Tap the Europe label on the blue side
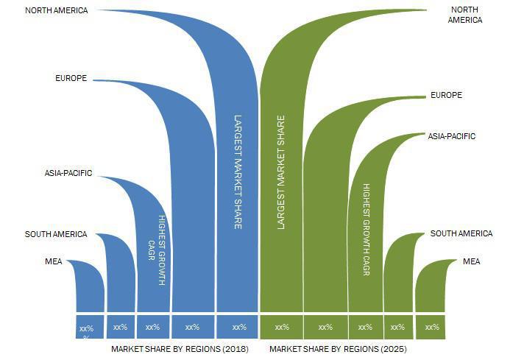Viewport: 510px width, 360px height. (x=71, y=78)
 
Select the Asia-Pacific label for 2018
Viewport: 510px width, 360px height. (x=68, y=174)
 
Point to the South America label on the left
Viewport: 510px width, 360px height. (x=56, y=234)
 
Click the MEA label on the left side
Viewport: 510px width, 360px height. (x=54, y=261)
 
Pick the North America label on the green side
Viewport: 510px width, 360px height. (x=465, y=15)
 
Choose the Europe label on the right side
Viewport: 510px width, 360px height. (x=446, y=96)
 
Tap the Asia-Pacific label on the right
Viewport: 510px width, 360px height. (x=452, y=136)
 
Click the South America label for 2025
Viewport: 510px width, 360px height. (x=461, y=233)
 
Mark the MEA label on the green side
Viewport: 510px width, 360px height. (x=471, y=261)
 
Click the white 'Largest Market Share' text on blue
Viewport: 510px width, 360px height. (x=238, y=171)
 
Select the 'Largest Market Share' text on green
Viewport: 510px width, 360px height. (x=281, y=171)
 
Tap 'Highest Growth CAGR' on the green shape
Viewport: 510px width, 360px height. (x=366, y=230)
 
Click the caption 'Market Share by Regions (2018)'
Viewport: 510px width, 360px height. (x=180, y=348)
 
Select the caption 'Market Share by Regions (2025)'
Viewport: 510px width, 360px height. (x=338, y=348)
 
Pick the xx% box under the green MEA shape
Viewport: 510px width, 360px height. (x=432, y=327)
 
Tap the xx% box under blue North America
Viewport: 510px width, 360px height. (x=238, y=327)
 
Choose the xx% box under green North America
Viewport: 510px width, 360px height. (x=281, y=327)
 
